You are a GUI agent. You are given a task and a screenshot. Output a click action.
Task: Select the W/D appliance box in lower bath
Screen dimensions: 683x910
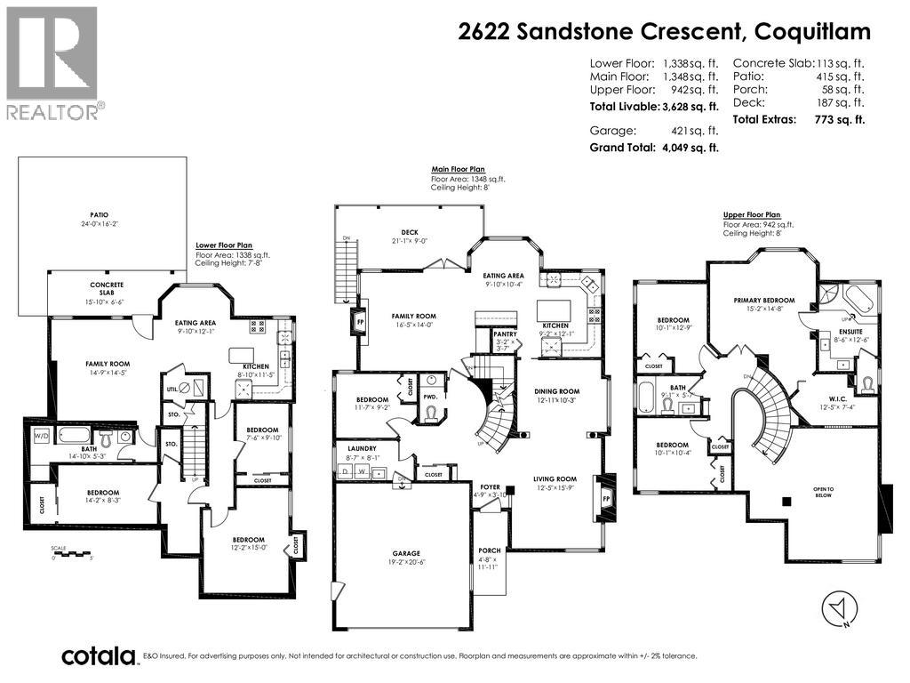coord(41,437)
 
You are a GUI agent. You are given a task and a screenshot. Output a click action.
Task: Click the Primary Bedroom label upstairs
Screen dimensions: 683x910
coord(764,301)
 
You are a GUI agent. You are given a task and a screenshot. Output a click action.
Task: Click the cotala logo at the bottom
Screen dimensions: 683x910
coord(98,656)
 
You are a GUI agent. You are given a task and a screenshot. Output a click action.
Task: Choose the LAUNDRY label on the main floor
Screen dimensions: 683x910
coord(363,449)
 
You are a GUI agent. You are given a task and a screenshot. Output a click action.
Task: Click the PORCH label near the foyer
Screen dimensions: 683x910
coord(489,550)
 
